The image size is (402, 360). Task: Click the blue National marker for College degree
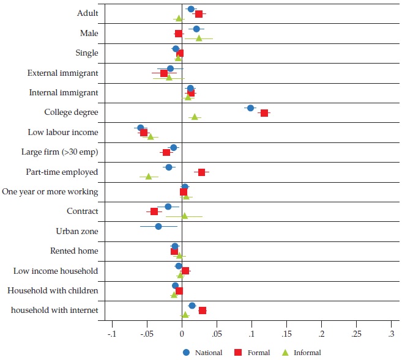click(x=250, y=108)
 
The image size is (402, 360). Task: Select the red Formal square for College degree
click(x=264, y=113)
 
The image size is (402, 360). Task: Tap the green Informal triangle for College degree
click(x=195, y=117)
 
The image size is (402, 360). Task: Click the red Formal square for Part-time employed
click(x=201, y=172)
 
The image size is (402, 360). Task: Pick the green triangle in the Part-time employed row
click(x=149, y=177)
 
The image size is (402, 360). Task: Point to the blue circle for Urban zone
click(x=158, y=226)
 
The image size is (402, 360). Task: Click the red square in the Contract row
click(x=154, y=211)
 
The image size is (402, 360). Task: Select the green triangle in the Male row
click(x=199, y=39)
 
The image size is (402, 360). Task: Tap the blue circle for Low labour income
click(x=140, y=128)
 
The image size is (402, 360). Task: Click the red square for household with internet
click(x=203, y=310)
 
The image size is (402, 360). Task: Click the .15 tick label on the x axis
click(x=286, y=334)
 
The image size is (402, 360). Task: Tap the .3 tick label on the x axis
click(x=391, y=334)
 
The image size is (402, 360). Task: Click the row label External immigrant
click(x=62, y=73)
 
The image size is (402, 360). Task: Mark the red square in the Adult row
click(x=199, y=14)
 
